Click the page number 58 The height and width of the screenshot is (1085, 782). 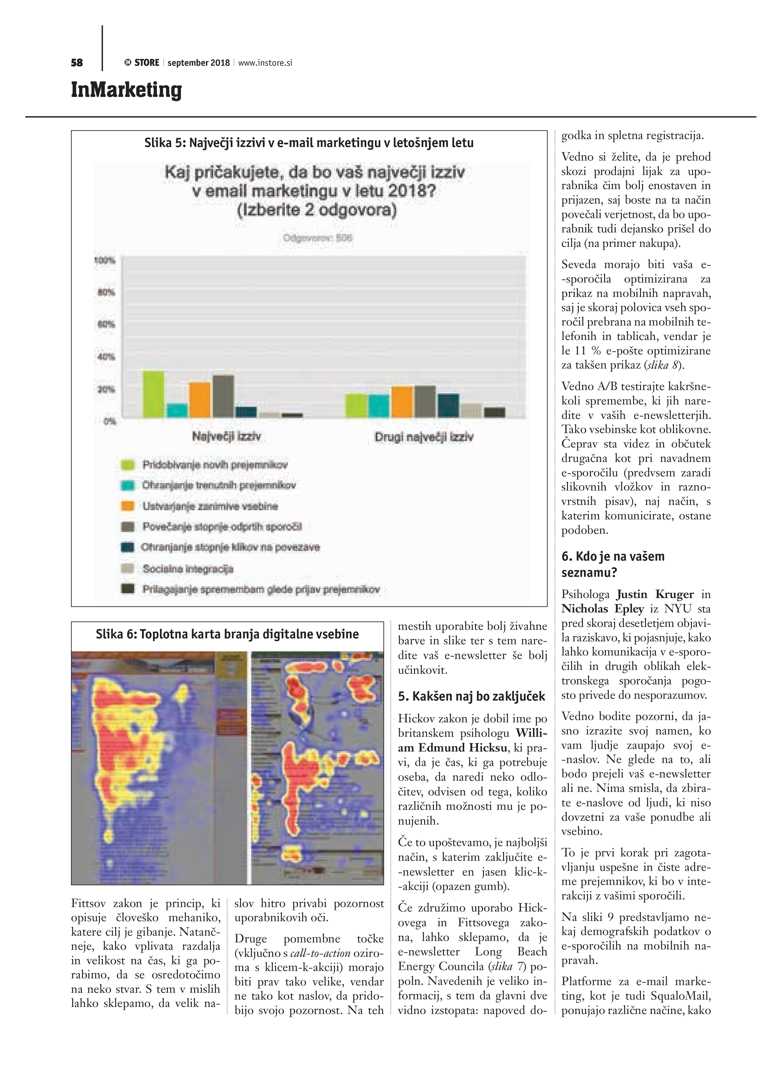pos(77,63)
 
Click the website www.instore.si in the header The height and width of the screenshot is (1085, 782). pos(265,63)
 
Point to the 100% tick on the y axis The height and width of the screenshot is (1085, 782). pos(105,261)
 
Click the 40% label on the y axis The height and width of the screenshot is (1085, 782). pos(106,356)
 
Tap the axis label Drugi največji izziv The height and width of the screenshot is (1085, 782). pos(424,437)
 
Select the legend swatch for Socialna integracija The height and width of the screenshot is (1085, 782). pos(127,568)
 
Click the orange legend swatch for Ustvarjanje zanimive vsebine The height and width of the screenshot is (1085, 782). pos(127,506)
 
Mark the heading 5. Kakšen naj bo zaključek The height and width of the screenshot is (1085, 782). pos(471,696)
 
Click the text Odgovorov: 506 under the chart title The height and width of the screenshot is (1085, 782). pos(318,238)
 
